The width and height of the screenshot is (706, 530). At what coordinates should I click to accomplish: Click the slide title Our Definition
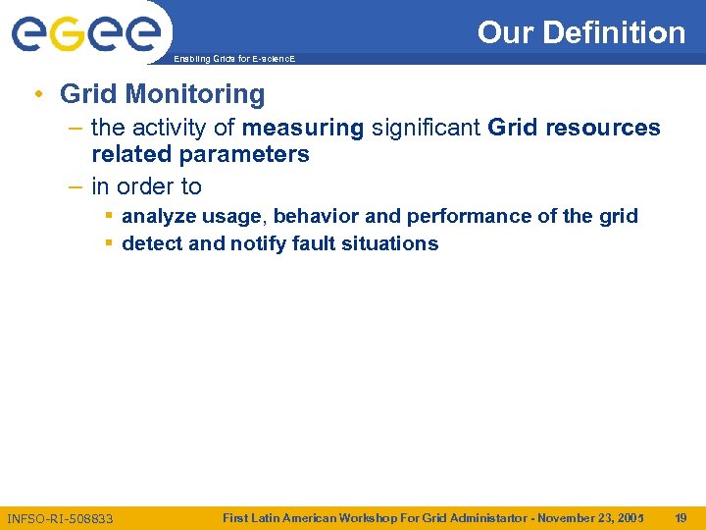(x=580, y=32)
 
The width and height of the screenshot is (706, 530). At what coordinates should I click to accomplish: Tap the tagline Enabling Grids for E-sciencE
(x=233, y=60)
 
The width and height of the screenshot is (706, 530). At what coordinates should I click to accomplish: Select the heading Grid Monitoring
(x=162, y=94)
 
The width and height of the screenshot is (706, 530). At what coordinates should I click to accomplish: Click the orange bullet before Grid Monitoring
(x=36, y=94)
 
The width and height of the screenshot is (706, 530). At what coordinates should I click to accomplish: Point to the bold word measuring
(x=303, y=128)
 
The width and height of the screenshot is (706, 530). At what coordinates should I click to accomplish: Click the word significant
(x=425, y=128)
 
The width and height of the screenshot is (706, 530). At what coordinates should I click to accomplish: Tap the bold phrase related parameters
(x=200, y=154)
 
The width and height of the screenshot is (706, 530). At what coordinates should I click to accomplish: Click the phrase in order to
(x=146, y=186)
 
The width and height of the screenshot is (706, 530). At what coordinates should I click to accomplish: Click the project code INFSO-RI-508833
(x=60, y=518)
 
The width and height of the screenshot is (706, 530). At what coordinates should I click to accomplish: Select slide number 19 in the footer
(x=680, y=517)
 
